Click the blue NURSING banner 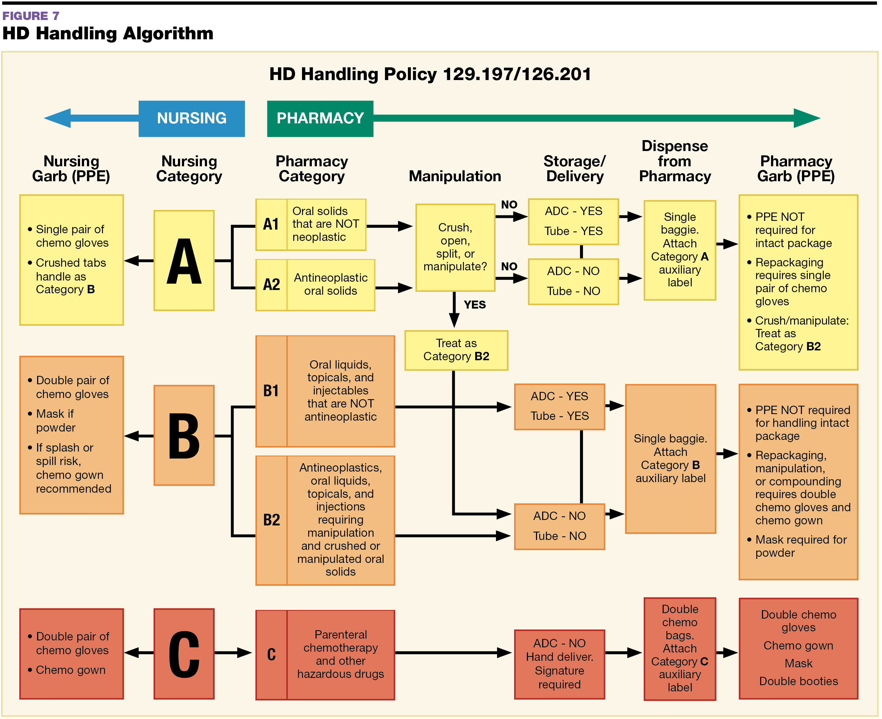click(x=191, y=119)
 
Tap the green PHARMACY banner click(x=320, y=119)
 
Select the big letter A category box click(x=184, y=261)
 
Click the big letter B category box click(x=184, y=435)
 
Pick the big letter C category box click(x=184, y=654)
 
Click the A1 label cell click(x=271, y=225)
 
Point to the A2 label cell click(x=271, y=285)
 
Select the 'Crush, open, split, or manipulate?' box click(x=455, y=247)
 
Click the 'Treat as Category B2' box click(x=456, y=350)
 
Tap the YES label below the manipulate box click(x=474, y=305)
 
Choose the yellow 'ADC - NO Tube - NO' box click(x=573, y=282)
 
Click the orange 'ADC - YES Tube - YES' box click(x=559, y=406)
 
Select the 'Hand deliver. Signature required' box click(x=559, y=664)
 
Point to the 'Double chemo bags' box click(x=680, y=648)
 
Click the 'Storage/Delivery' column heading click(x=574, y=168)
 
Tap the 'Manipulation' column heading click(x=455, y=176)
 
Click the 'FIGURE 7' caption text click(x=31, y=16)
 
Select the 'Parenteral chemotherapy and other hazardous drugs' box click(x=340, y=654)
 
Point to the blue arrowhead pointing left click(x=58, y=119)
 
